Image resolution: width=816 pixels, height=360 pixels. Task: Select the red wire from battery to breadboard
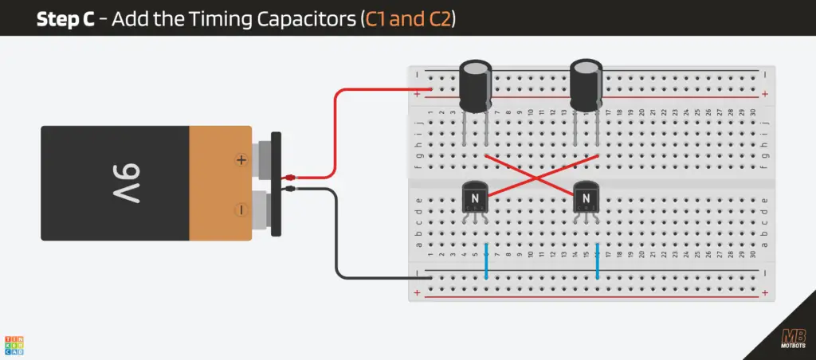coord(335,131)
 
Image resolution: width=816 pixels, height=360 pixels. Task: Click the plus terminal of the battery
coord(241,160)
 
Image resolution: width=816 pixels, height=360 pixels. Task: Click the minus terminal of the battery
coord(241,209)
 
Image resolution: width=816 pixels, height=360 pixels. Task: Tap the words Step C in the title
coord(69,19)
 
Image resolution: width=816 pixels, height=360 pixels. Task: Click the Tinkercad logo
coord(14,344)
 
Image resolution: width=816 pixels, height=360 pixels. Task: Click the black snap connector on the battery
coord(277,183)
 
